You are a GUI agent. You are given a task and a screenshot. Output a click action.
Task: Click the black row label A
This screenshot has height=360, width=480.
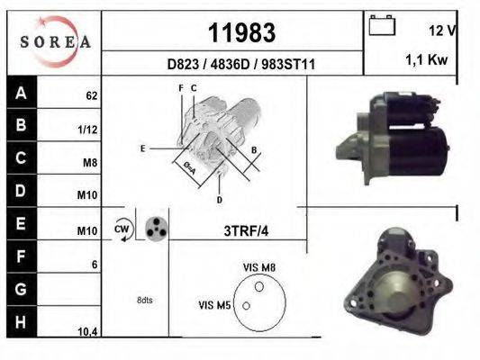pos(21,93)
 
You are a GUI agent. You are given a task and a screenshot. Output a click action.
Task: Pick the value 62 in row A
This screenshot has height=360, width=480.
pos(91,95)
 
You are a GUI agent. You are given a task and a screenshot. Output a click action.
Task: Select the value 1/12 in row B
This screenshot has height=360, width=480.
pos(88,130)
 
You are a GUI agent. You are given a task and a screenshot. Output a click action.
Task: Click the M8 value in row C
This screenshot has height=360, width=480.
pos(89,164)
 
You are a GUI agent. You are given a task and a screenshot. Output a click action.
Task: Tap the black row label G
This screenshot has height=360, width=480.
pos(21,291)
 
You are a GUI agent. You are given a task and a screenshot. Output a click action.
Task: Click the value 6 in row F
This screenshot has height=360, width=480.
pos(94,265)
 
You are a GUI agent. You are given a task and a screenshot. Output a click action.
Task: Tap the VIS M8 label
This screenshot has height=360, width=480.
pos(259,267)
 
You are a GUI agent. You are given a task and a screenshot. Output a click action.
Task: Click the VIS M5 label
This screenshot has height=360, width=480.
pos(215,306)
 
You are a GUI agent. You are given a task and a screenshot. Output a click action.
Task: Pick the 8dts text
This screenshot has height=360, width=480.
pos(144,299)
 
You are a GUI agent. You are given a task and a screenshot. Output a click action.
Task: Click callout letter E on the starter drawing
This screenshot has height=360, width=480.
pos(142,148)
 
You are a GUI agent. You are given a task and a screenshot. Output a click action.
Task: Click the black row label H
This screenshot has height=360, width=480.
pos(21,321)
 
